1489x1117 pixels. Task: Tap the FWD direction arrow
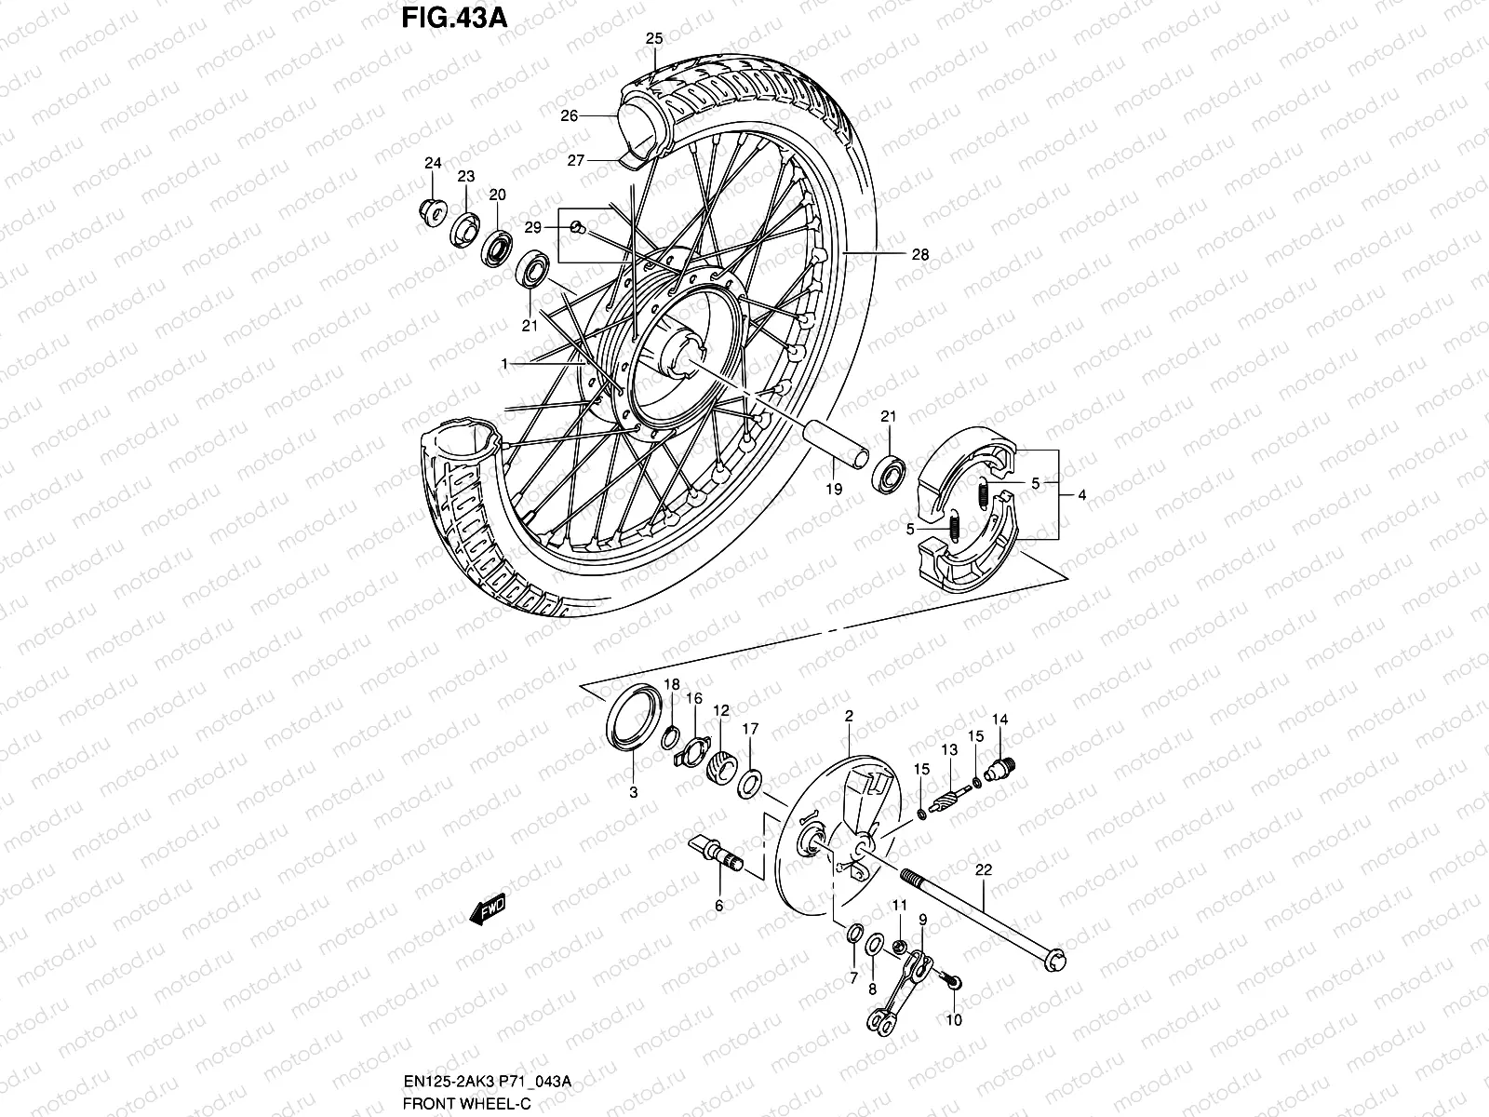pos(489,908)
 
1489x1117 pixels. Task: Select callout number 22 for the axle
pos(985,869)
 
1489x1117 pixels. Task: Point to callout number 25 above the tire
pos(654,39)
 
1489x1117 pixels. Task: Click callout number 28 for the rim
pos(921,253)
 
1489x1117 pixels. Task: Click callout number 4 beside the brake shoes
pos(1082,495)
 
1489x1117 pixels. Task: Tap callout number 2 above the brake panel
pos(849,717)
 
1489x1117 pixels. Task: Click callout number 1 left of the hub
pos(503,365)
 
